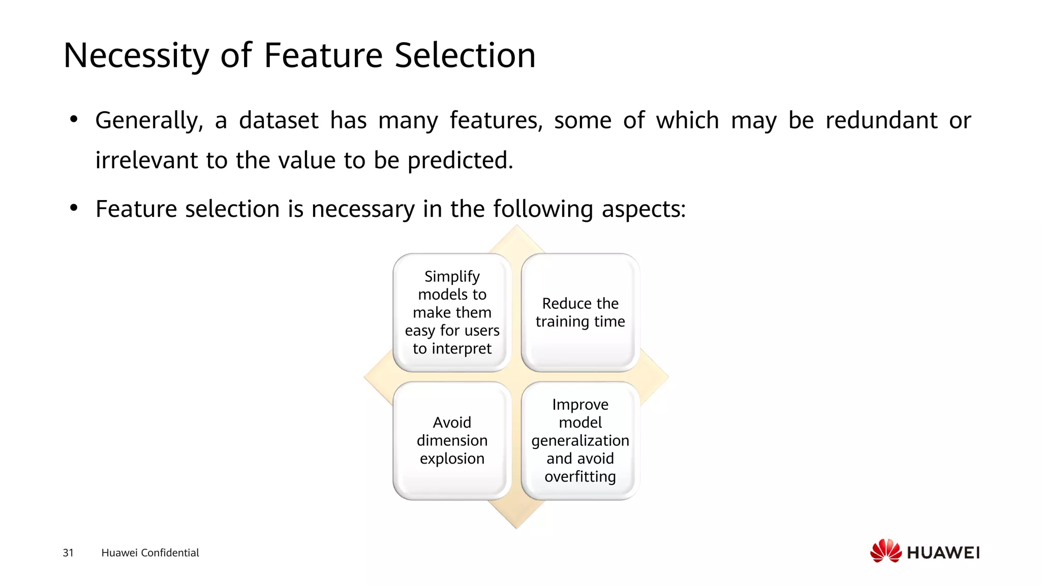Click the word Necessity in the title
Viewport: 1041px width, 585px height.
pos(136,55)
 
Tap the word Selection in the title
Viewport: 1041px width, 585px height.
pos(465,55)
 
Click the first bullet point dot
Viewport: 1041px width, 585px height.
pos(74,120)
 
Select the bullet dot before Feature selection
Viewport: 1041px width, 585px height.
pos(74,208)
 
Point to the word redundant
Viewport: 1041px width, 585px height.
pos(881,121)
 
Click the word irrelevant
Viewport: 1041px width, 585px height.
pos(146,160)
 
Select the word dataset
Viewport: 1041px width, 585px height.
pos(279,121)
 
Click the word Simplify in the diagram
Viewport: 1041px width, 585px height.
pos(452,277)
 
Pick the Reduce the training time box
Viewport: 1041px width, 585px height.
pos(580,312)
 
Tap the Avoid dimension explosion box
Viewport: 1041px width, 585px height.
pos(452,440)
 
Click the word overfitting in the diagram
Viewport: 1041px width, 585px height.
pos(580,476)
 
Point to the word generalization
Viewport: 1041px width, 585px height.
pos(580,440)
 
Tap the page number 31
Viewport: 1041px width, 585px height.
pos(68,552)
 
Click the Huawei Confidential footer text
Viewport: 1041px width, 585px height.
pos(150,552)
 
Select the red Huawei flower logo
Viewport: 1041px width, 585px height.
pos(885,550)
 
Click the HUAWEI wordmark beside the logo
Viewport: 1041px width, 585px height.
pos(943,552)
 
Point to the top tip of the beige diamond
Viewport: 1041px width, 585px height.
pos(516,227)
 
